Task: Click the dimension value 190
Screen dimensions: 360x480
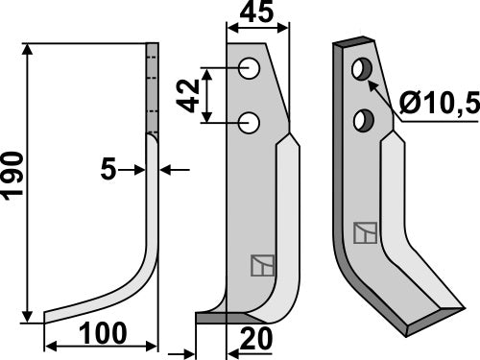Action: (x=13, y=182)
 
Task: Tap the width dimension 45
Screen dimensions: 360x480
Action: (x=256, y=14)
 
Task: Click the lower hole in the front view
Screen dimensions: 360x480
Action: (x=250, y=122)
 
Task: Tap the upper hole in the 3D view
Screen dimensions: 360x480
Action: (x=363, y=70)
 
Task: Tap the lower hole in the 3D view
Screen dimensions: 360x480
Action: (x=363, y=119)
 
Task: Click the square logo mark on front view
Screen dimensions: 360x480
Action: (x=259, y=264)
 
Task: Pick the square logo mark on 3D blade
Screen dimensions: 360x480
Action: (x=364, y=232)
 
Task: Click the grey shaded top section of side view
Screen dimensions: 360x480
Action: (x=151, y=86)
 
